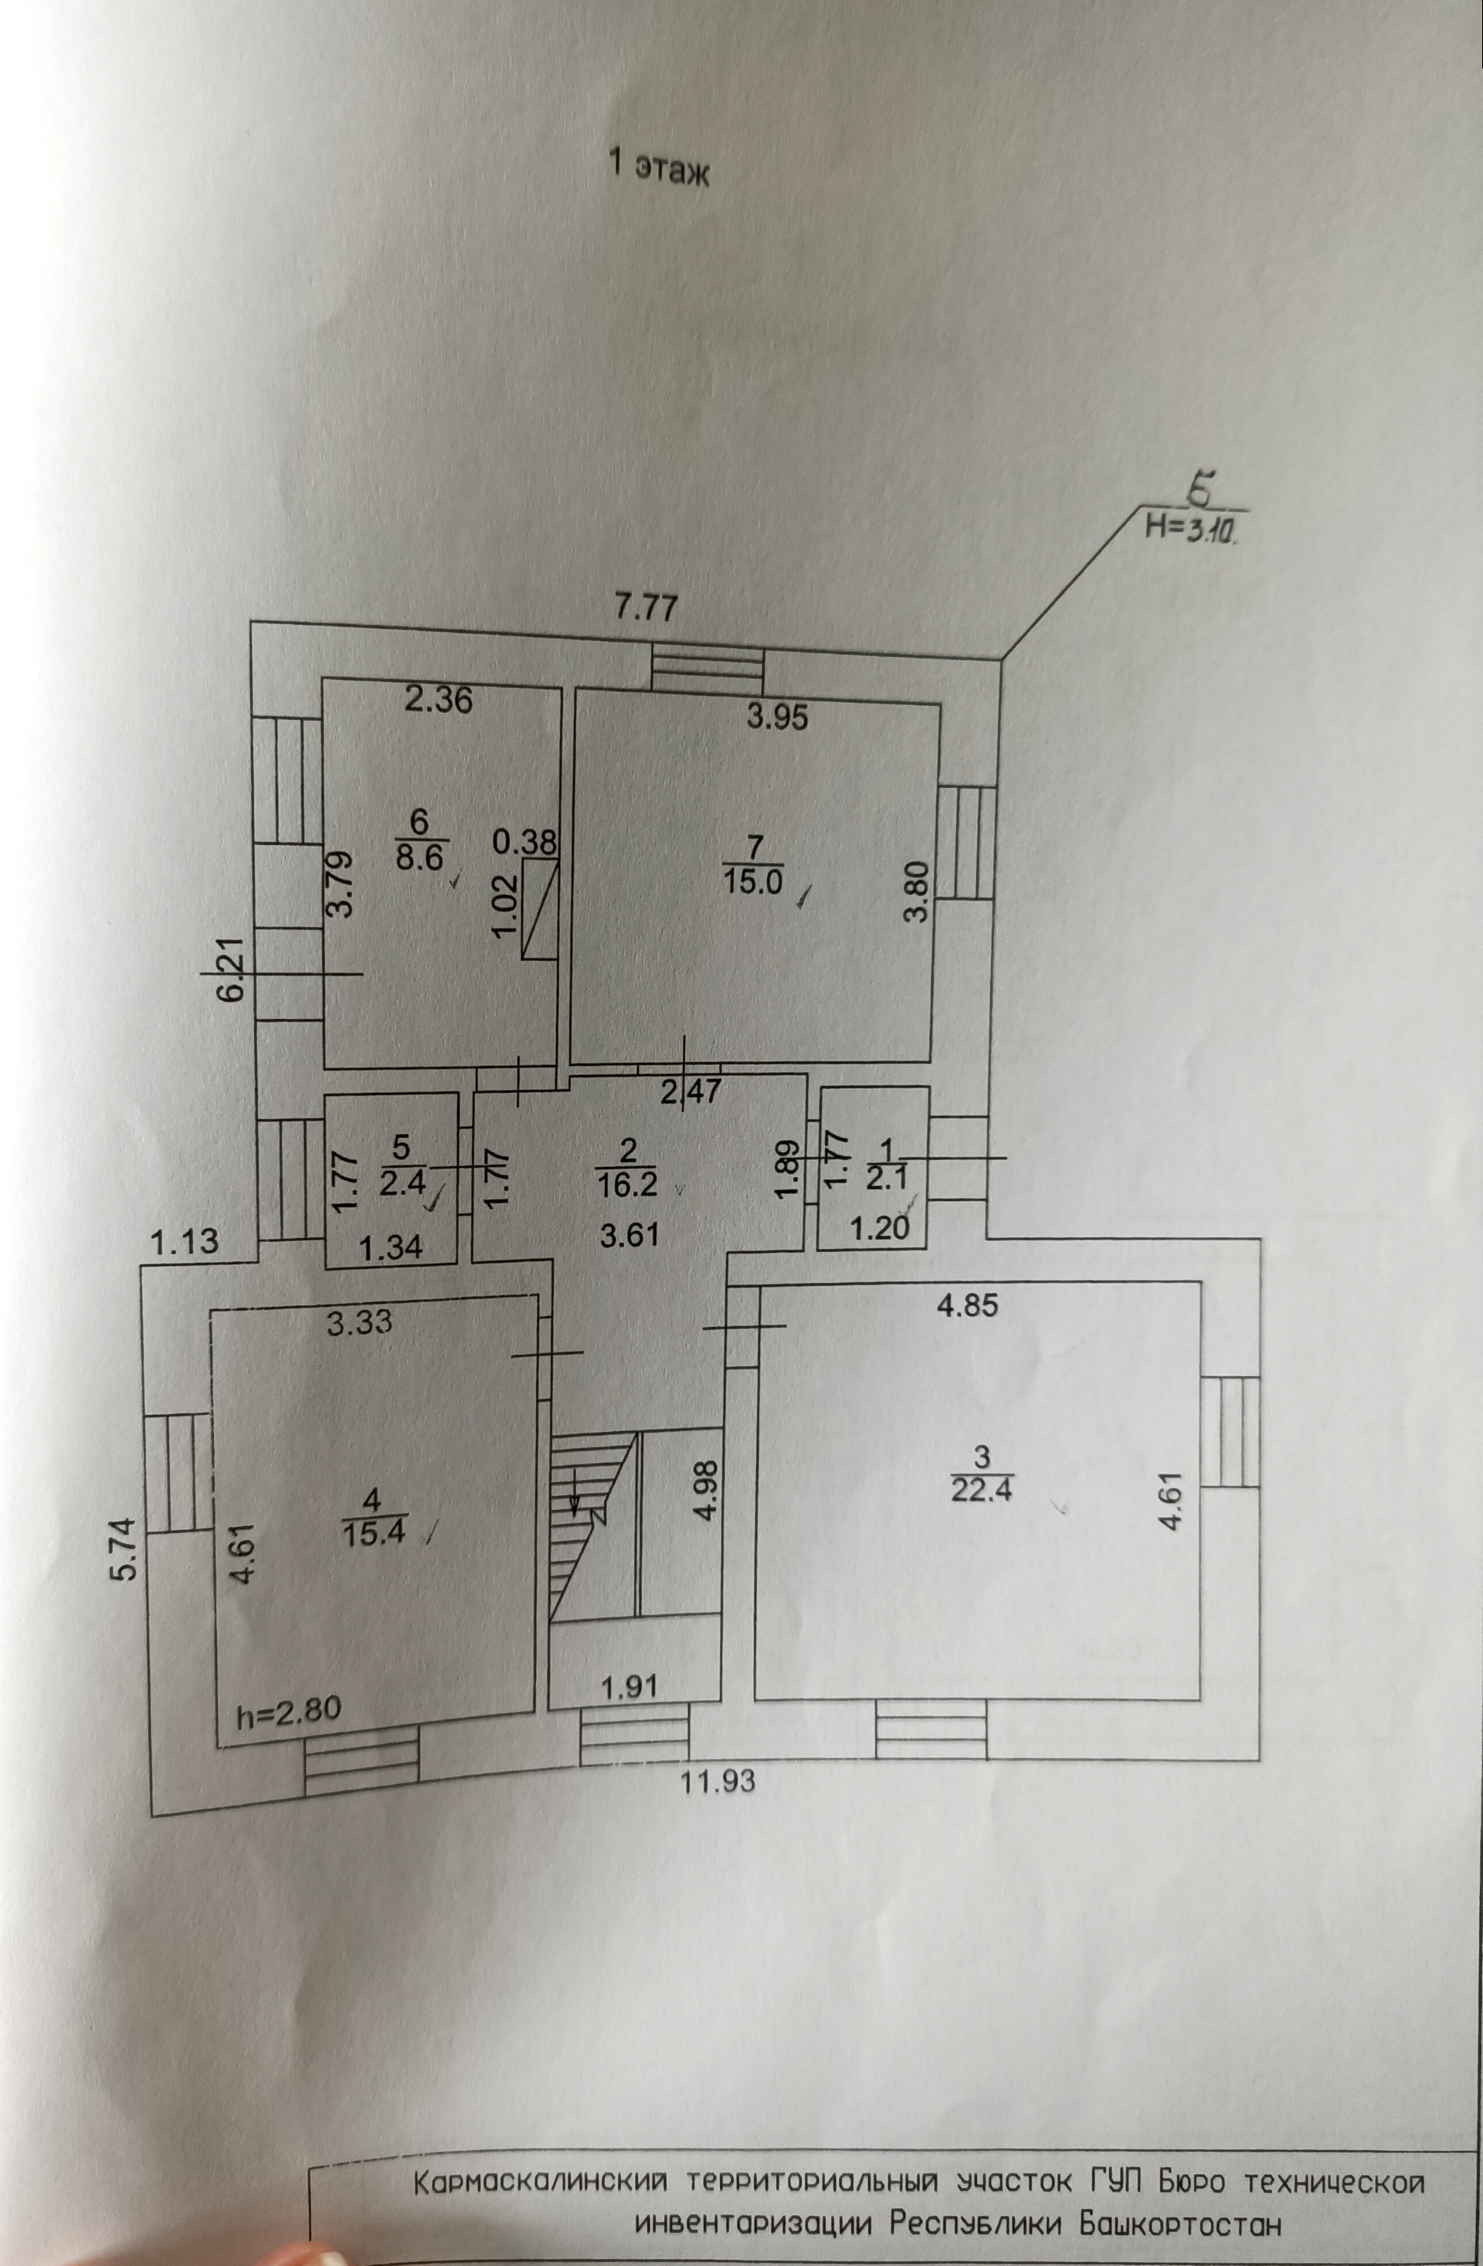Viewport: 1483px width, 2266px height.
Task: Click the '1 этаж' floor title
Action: [x=659, y=168]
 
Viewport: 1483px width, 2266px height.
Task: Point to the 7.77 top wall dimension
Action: [x=646, y=606]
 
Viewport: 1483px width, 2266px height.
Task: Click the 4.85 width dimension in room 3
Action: [x=968, y=1305]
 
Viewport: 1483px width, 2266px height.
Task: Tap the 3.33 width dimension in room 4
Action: [x=359, y=1321]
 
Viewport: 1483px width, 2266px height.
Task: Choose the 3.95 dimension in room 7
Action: [x=777, y=717]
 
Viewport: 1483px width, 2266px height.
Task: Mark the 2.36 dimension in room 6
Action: [x=438, y=700]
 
